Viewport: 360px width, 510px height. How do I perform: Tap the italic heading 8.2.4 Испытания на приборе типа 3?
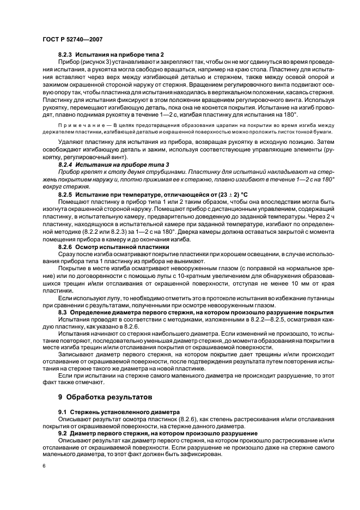tap(114, 164)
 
